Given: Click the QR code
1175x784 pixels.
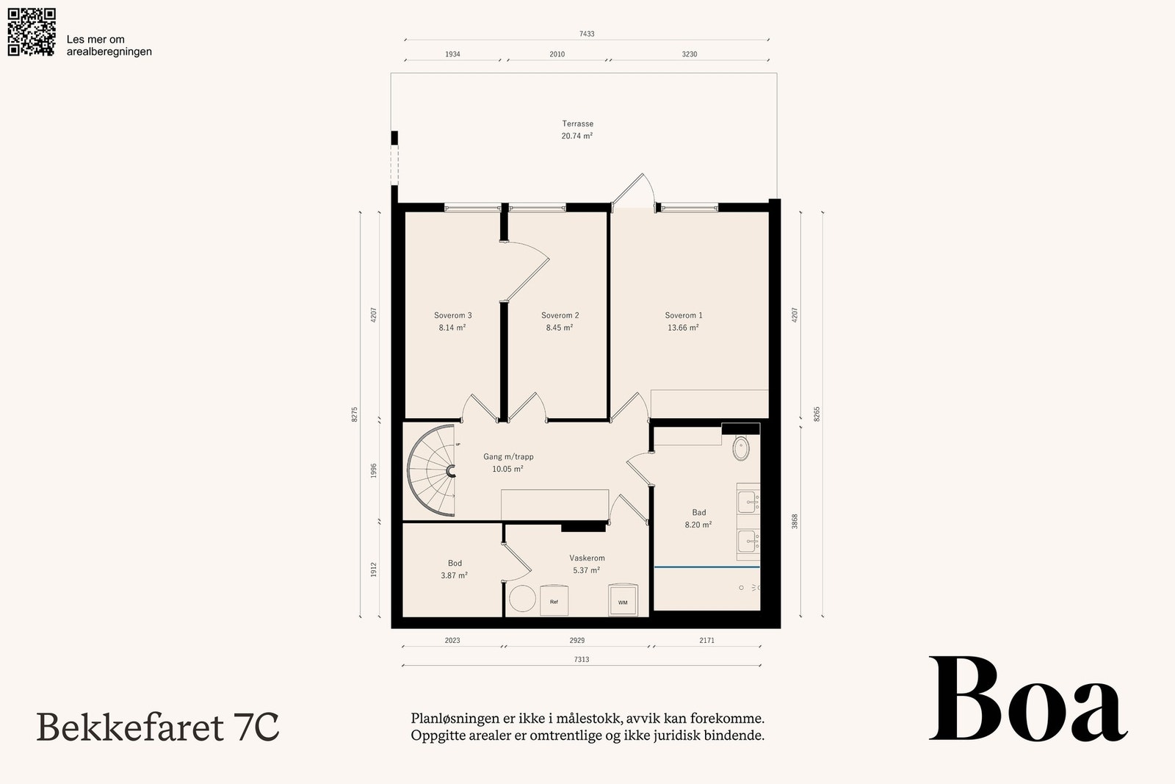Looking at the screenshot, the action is [32, 32].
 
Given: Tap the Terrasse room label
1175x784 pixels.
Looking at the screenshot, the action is [577, 124].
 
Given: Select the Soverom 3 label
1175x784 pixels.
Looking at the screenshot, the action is [452, 315].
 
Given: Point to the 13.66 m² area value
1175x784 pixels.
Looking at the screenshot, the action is [683, 328].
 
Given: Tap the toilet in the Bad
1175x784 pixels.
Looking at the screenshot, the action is [741, 448].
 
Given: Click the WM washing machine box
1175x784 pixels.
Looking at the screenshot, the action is [623, 600].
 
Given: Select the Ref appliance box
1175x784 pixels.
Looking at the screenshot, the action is [554, 600].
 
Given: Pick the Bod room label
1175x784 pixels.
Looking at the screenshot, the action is [455, 563].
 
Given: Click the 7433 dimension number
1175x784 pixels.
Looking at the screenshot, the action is [587, 34].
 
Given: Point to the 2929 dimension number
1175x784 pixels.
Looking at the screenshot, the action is [577, 640].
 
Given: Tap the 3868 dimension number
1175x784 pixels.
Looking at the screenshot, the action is [794, 521].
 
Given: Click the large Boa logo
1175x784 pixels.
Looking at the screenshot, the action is [1028, 699].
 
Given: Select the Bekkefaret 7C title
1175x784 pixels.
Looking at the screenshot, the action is [157, 727].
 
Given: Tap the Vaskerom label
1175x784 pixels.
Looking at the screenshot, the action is [587, 558].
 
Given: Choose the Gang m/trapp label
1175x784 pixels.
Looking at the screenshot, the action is [508, 456].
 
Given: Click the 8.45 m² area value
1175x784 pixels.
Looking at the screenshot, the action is [559, 328].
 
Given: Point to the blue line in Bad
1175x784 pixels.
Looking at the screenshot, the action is [707, 567].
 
